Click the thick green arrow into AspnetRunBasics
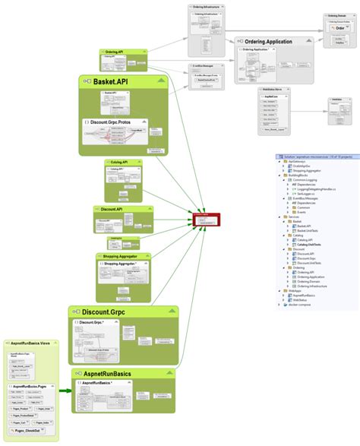point(65,391)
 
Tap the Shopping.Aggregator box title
point(121,258)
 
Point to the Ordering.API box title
point(114,52)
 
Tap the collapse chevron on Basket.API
point(159,81)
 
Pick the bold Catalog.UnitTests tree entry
point(308,245)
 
